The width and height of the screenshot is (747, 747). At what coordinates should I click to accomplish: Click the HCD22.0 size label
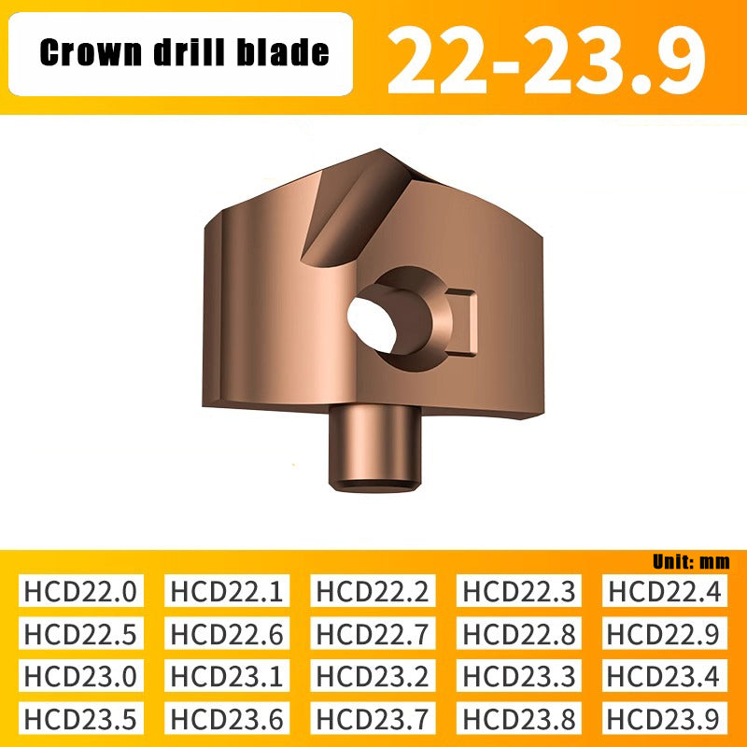pyautogui.click(x=81, y=591)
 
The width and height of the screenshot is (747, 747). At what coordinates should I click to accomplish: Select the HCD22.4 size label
pyautogui.click(x=665, y=591)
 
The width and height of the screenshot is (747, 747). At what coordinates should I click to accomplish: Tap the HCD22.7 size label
pyautogui.click(x=373, y=633)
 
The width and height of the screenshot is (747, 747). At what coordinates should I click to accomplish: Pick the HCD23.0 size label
pyautogui.click(x=81, y=675)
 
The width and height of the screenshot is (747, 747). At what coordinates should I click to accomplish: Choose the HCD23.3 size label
pyautogui.click(x=519, y=675)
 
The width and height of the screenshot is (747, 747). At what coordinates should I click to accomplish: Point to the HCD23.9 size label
pyautogui.click(x=665, y=718)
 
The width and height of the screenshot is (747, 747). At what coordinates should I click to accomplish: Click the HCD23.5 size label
pyautogui.click(x=81, y=718)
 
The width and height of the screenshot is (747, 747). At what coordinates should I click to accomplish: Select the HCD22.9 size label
pyautogui.click(x=665, y=633)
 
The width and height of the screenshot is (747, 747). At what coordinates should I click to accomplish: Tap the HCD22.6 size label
pyautogui.click(x=227, y=633)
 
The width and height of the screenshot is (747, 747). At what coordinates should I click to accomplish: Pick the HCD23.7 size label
pyautogui.click(x=373, y=718)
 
